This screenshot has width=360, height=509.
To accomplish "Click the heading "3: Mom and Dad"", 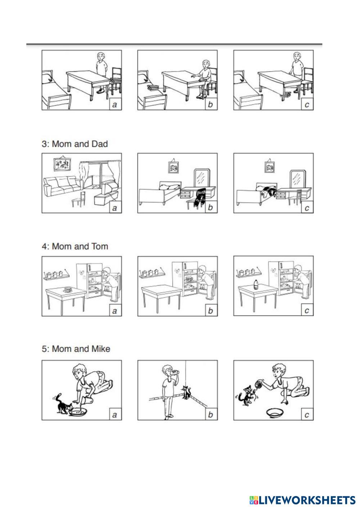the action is point(75,144).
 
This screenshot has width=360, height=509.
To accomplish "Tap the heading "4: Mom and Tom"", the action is point(75,246).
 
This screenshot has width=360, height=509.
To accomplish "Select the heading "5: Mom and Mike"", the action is point(76,349).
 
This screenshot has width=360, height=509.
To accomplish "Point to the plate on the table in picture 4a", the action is point(68,289).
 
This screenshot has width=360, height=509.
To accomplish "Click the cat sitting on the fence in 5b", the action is point(186,393).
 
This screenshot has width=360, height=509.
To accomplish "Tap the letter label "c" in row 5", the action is point(307,415).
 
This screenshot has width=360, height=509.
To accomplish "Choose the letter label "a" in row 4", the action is point(115,311).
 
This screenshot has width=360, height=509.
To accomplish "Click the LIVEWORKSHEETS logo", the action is point(302,500).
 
